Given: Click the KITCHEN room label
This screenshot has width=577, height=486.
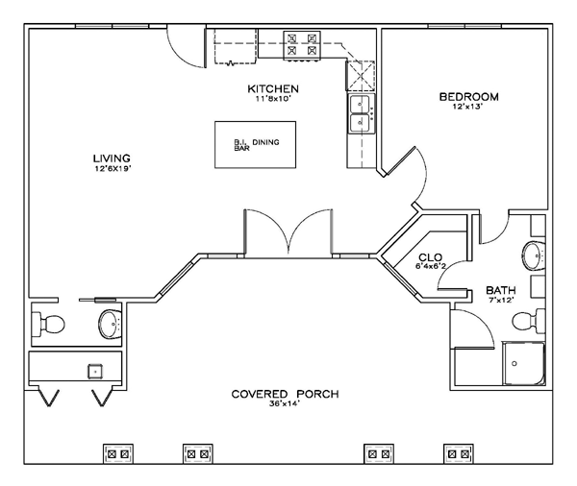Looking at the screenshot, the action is [x=273, y=89].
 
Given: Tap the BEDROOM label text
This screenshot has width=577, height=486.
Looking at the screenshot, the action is [x=469, y=97].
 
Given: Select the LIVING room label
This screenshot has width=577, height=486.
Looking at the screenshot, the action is [x=112, y=158].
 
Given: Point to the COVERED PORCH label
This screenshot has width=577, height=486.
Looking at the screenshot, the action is [x=286, y=394].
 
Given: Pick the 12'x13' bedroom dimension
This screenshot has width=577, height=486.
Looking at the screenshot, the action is [x=467, y=107].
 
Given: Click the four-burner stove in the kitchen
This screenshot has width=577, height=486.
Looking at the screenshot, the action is [x=302, y=45].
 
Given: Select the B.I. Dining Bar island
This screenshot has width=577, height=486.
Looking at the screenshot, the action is [x=256, y=145].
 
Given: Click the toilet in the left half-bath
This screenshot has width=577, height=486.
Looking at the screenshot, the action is [x=48, y=325].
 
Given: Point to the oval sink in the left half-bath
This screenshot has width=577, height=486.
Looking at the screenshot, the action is [x=110, y=325].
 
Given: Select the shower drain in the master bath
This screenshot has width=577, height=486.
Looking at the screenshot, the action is [x=514, y=364].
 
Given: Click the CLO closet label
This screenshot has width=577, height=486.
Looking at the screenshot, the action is [x=431, y=257].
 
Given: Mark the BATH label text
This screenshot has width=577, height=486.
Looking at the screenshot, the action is [x=500, y=290].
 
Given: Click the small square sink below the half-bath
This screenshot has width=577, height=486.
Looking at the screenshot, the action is [x=95, y=372].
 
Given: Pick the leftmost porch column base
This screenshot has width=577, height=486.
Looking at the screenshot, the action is [x=118, y=454].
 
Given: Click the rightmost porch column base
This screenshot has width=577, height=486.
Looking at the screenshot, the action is [x=459, y=454].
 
